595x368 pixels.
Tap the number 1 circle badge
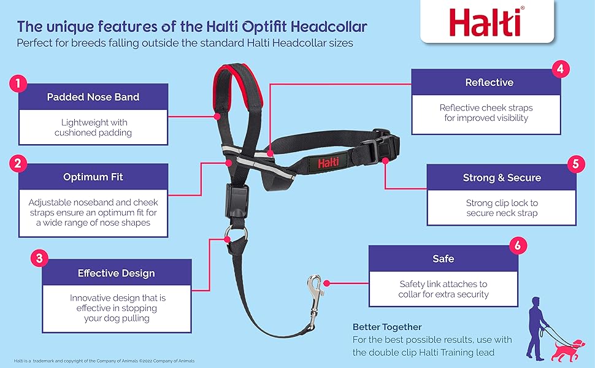tap(18, 83)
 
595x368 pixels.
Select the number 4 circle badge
tap(561, 69)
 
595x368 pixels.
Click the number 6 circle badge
tap(518, 245)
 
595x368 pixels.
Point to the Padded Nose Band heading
tap(93, 97)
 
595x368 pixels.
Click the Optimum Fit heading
tap(93, 177)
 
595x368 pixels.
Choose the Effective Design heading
tap(116, 273)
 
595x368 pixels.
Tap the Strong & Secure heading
tap(502, 177)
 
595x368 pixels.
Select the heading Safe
tap(443, 259)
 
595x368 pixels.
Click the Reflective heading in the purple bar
tap(489, 82)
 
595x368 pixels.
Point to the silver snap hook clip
tap(315, 302)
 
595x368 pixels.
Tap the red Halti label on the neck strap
tap(328, 163)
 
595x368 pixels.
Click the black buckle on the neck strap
tap(380, 147)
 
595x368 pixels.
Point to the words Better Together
tap(386, 327)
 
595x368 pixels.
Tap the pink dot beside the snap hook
tap(326, 283)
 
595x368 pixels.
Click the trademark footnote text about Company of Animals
tap(104, 361)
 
